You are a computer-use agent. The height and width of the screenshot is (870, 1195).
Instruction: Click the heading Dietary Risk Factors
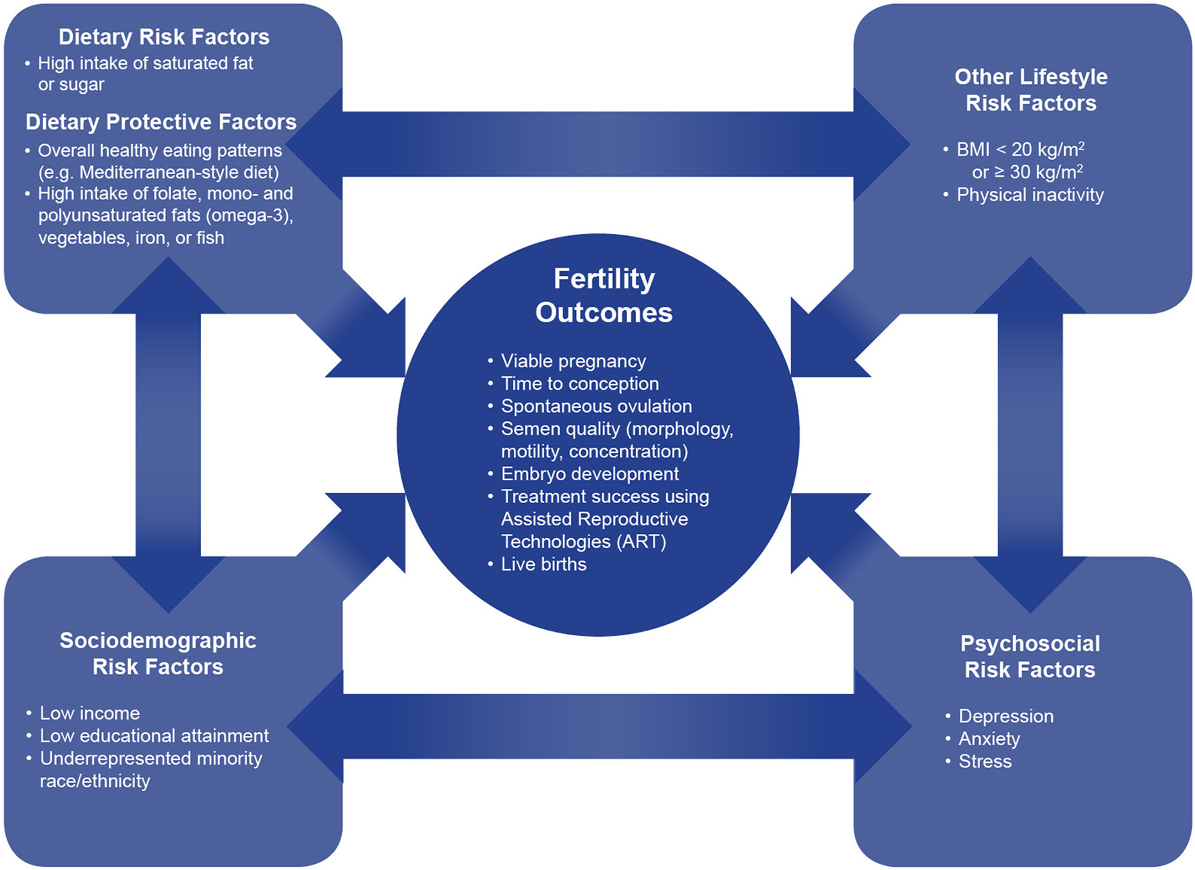[x=164, y=37]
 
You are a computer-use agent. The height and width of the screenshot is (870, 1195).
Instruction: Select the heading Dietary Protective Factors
[x=161, y=122]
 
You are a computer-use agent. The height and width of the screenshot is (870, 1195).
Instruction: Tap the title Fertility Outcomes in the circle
[x=604, y=295]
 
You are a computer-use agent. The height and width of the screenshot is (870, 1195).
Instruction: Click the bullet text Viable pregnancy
[x=573, y=361]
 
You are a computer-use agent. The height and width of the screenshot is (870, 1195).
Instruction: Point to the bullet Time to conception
[x=580, y=384]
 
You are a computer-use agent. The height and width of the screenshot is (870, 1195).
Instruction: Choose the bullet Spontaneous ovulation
[x=596, y=407]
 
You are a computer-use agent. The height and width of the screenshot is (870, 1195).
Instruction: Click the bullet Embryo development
[x=589, y=474]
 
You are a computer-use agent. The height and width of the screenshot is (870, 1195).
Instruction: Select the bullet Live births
[x=544, y=564]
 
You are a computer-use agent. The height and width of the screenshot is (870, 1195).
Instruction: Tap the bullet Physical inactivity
[x=1030, y=196]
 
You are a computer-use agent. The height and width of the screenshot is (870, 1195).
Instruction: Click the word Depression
[x=1005, y=716]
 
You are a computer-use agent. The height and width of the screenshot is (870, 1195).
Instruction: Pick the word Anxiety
[x=989, y=739]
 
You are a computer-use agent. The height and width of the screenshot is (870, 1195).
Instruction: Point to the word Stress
[x=985, y=762]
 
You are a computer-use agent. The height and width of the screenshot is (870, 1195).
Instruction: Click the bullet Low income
[x=90, y=714]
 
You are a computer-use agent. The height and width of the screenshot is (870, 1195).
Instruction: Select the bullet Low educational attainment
[x=154, y=736]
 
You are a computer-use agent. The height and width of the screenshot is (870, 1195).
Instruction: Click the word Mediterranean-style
[x=158, y=173]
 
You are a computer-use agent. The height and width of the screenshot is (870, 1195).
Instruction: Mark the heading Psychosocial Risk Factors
[x=1030, y=657]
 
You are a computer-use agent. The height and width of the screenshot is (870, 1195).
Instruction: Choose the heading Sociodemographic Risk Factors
[x=158, y=654]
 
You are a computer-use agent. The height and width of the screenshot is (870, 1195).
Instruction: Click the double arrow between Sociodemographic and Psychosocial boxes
[x=598, y=727]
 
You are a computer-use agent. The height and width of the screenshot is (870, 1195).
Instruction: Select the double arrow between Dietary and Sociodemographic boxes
[x=168, y=435]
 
